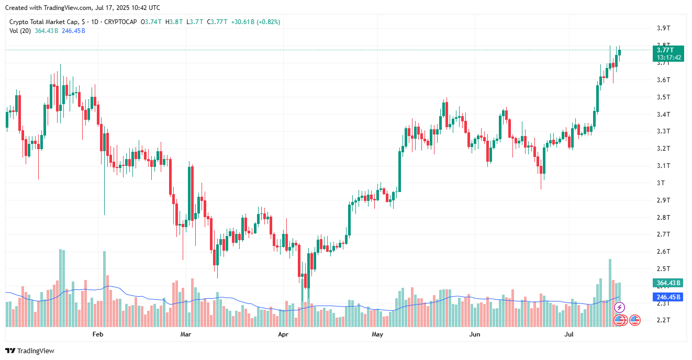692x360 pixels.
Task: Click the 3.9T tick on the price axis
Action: tap(664, 28)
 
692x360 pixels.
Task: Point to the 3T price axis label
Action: tap(661, 183)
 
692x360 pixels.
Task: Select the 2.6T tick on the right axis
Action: tap(664, 252)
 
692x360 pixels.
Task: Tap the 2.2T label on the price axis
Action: tap(664, 320)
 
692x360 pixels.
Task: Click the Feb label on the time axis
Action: tap(98, 334)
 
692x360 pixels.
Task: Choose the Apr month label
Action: tap(283, 334)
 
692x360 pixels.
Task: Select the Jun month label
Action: tap(474, 334)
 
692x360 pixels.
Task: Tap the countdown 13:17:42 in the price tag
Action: tap(669, 58)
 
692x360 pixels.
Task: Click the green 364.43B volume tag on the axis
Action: tap(668, 283)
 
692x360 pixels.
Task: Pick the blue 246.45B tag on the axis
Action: tap(668, 297)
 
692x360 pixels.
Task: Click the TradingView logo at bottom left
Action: tap(30, 351)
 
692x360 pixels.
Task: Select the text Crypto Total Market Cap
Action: tap(44, 22)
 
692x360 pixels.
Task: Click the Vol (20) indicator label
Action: tap(20, 31)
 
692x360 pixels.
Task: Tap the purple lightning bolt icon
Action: tap(619, 308)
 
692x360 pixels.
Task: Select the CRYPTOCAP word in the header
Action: tap(120, 22)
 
